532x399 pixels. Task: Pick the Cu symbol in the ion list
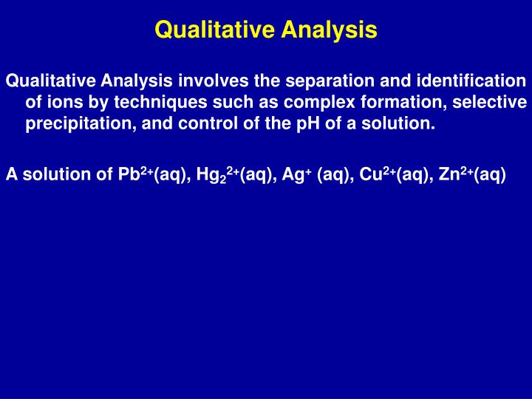tap(370, 175)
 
